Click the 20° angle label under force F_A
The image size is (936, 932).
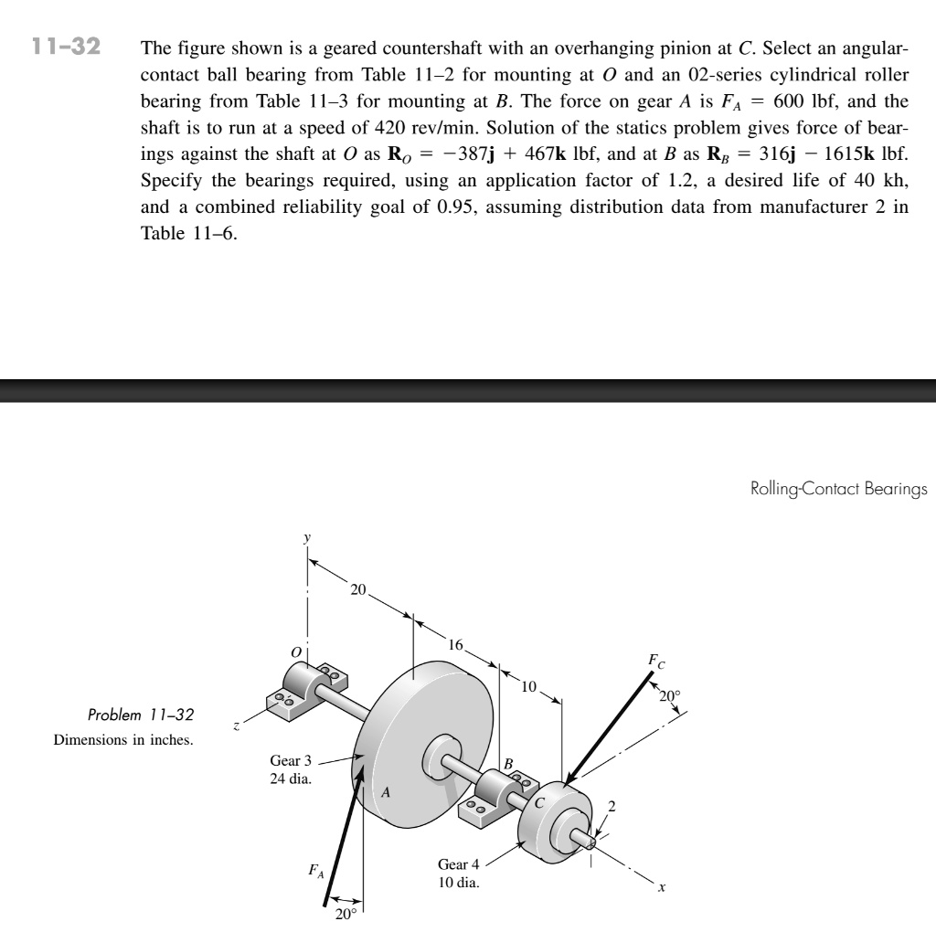pos(345,916)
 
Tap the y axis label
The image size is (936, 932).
pos(307,540)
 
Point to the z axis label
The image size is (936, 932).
pos(237,727)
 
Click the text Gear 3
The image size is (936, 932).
pos(291,760)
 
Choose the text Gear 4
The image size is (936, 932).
pos(458,864)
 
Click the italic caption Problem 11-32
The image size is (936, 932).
pos(141,714)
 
